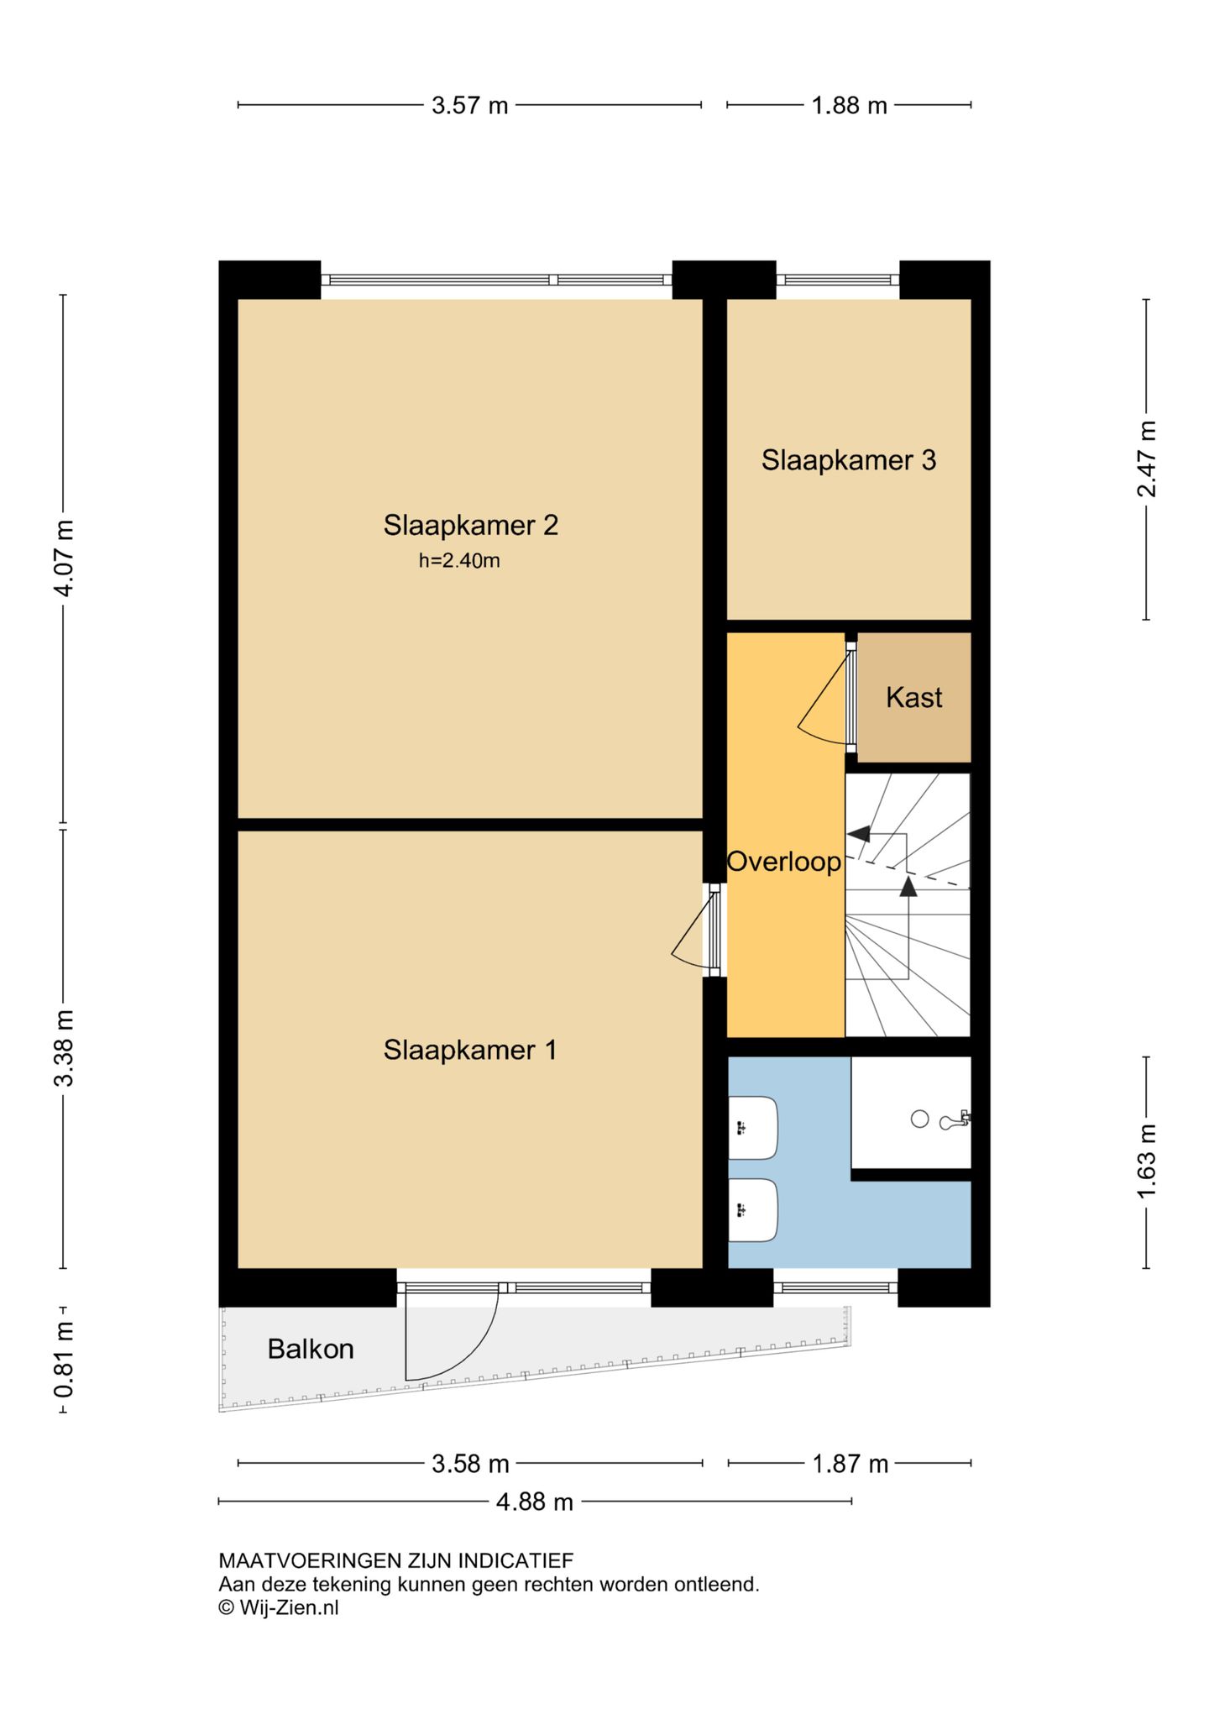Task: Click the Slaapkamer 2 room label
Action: pyautogui.click(x=470, y=525)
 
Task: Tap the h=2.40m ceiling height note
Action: pyautogui.click(x=459, y=560)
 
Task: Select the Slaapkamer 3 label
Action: pyautogui.click(x=848, y=460)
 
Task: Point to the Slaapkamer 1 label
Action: pyautogui.click(x=470, y=1050)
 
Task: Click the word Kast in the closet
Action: pyautogui.click(x=913, y=697)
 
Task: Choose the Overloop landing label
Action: pyautogui.click(x=784, y=862)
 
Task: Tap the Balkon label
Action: pyautogui.click(x=311, y=1349)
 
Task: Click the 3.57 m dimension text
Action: pyautogui.click(x=470, y=106)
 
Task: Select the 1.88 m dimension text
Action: pyautogui.click(x=849, y=106)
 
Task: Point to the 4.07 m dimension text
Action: pyautogui.click(x=64, y=558)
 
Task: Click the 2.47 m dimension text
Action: pyautogui.click(x=1147, y=459)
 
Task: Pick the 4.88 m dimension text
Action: pyautogui.click(x=535, y=1502)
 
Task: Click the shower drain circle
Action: pyautogui.click(x=920, y=1119)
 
